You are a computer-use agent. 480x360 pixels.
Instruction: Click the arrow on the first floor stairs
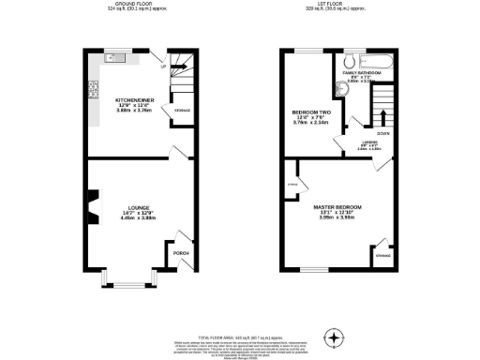381,117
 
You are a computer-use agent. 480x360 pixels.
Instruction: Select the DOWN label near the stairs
382,134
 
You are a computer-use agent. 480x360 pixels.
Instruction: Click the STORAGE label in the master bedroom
382,255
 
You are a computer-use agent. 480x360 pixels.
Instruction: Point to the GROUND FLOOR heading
136,5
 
